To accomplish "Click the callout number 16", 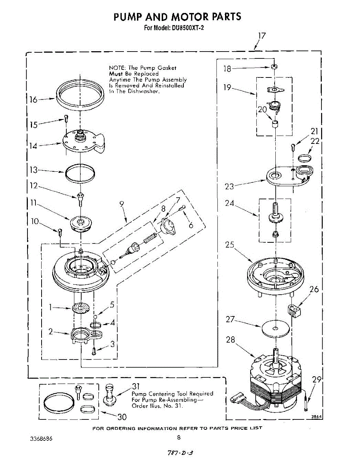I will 33,100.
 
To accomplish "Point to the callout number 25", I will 229,245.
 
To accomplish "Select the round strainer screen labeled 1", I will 82,308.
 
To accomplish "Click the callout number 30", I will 121,416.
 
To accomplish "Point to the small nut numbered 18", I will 273,67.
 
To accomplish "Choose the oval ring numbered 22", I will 304,158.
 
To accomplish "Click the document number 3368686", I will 42,439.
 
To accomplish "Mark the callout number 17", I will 261,35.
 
